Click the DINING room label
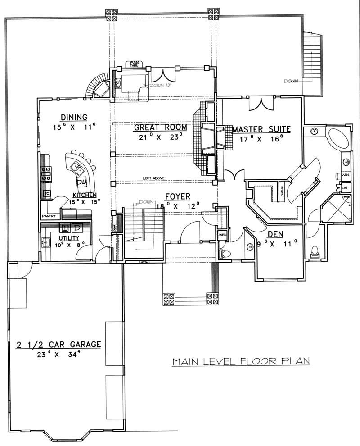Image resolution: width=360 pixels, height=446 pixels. pos(76,118)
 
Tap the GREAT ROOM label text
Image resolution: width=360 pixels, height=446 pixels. pos(160,127)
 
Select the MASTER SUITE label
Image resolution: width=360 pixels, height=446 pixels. pos(261,130)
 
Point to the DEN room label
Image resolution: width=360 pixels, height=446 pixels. pos(275,235)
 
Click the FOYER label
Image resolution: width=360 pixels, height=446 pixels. pos(176,196)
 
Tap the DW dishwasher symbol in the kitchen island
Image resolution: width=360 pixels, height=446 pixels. pos(81,182)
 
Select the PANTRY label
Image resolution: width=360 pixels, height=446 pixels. pos(49,216)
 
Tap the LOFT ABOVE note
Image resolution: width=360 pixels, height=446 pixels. pos(153,178)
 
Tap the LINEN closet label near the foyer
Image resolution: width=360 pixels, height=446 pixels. pos(222,235)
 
